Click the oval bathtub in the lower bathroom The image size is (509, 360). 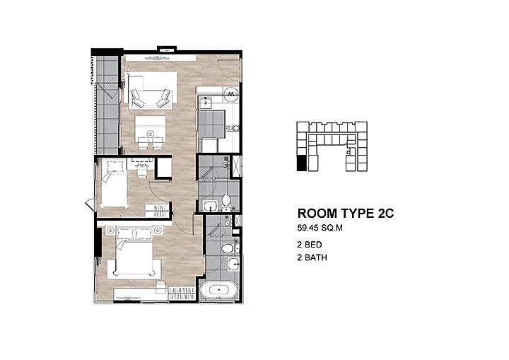(219, 289)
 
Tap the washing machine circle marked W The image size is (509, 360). (232, 93)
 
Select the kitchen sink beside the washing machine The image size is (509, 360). (205, 103)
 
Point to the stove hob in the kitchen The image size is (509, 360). (233, 128)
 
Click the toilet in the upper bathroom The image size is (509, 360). (226, 199)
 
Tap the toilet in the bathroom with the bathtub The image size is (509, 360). (228, 249)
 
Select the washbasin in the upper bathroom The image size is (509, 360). (211, 206)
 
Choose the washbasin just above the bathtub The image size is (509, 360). (233, 265)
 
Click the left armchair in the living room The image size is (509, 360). (137, 98)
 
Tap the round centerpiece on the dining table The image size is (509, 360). (151, 133)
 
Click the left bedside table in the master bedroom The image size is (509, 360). (110, 231)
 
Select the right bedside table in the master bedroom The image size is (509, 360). (158, 231)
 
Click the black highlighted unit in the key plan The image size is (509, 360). (301, 163)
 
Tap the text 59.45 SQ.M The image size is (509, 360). (320, 228)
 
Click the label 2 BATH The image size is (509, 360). (312, 257)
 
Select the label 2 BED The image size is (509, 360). (310, 244)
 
